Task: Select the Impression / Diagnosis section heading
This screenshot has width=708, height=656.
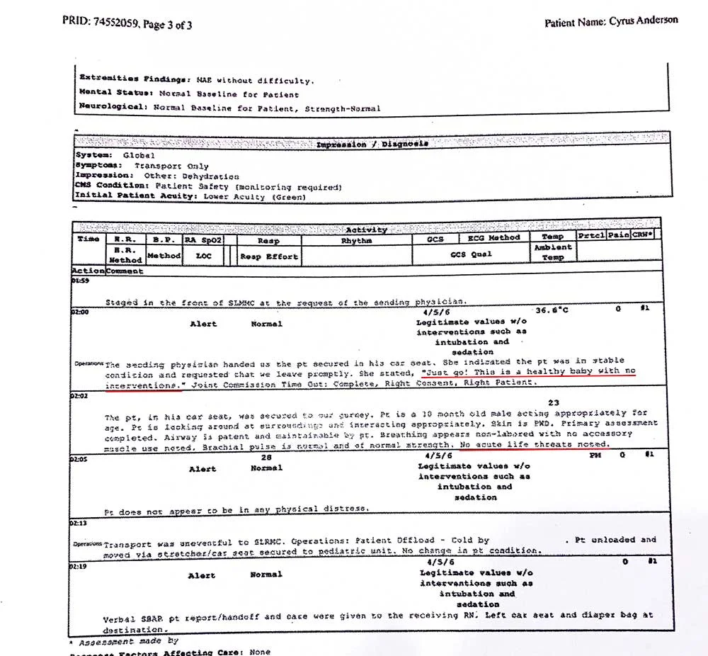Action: [372, 144]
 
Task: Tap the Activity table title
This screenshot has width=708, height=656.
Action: [366, 229]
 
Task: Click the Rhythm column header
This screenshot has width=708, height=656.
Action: [356, 240]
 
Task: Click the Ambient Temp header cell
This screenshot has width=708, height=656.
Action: [553, 252]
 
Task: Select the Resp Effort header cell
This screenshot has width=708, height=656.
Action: [268, 256]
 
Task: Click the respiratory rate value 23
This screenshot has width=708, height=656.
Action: [553, 402]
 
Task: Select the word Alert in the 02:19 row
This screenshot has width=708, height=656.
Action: [202, 575]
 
